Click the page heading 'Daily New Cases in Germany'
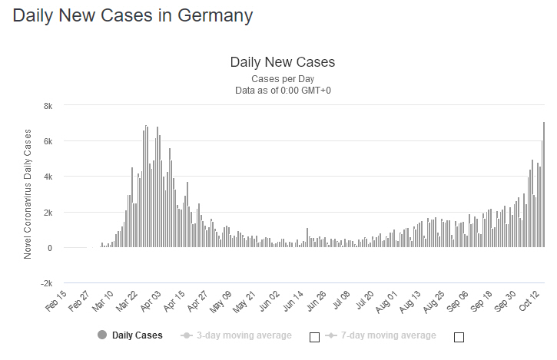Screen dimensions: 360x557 133,15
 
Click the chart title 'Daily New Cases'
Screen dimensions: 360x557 283,62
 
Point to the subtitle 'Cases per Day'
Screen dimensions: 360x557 283,79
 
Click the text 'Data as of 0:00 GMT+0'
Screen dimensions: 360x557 283,91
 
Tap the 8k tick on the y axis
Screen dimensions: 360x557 47,105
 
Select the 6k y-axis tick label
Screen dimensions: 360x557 47,141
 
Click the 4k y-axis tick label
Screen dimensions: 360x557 47,177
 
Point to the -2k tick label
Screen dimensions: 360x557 45,283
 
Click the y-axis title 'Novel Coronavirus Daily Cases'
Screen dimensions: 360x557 28,193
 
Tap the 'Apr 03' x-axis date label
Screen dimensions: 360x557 152,302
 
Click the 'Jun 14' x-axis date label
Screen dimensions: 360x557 295,302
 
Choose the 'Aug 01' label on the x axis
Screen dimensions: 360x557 390,302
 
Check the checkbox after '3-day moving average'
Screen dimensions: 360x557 313,337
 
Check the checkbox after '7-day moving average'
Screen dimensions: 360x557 459,337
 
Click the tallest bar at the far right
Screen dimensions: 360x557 544,184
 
